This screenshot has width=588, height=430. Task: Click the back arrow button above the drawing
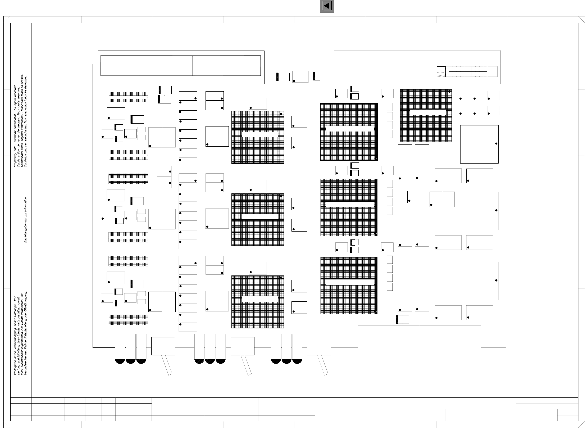point(327,6)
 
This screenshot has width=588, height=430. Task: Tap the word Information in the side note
point(26,205)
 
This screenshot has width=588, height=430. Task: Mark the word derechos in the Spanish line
point(26,82)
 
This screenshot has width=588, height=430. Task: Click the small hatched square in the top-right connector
point(441,72)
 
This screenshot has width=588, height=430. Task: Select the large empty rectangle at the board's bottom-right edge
point(419,344)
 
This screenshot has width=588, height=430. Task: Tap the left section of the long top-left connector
point(147,66)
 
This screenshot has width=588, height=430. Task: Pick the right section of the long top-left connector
point(227,66)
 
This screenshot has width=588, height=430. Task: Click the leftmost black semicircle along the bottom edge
point(120,361)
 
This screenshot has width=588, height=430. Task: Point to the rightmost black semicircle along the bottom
point(297,361)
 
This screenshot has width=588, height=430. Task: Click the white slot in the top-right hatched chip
point(428,112)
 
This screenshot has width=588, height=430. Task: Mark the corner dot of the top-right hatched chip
point(449,92)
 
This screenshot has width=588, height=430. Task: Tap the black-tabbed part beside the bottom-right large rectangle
point(402,319)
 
